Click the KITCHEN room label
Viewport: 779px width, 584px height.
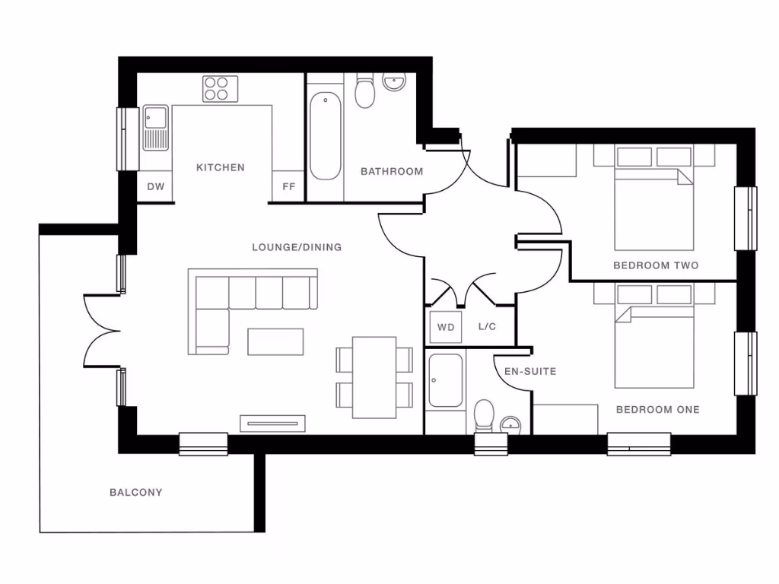coord(221,167)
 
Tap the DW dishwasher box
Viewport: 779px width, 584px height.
coord(155,186)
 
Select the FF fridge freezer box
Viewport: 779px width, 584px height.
coord(289,186)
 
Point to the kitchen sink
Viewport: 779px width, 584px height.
coord(155,129)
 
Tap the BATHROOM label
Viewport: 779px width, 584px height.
coord(392,172)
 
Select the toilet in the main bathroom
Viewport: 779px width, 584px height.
coord(366,92)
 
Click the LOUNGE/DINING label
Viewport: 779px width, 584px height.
coord(297,247)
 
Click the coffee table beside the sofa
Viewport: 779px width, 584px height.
coord(275,341)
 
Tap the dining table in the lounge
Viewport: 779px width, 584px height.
coord(374,377)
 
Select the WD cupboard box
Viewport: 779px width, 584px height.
coord(445,328)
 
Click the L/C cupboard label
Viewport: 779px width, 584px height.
coord(487,327)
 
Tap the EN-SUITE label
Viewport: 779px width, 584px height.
coord(530,372)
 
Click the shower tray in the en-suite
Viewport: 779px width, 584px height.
coord(445,380)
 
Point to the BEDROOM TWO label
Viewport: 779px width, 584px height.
coord(656,265)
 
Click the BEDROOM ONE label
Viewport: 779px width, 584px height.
coord(657,410)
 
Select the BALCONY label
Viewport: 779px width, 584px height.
coord(135,493)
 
